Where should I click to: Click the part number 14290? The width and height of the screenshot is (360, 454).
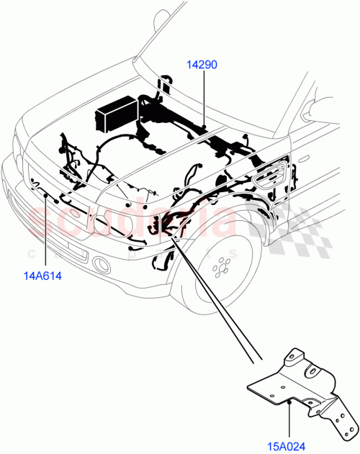203,65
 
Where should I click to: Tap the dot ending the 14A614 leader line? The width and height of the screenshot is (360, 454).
48,195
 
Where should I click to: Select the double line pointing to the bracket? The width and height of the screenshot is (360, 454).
216,302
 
